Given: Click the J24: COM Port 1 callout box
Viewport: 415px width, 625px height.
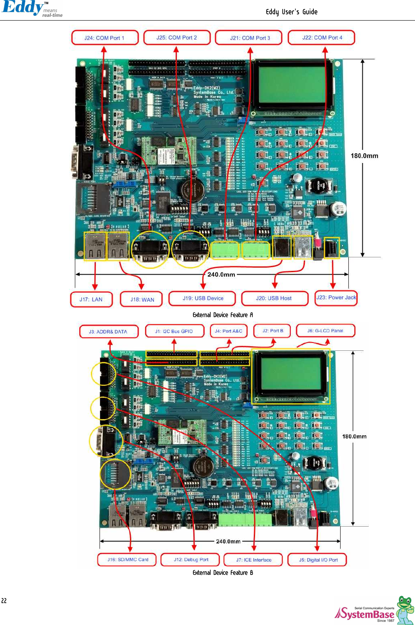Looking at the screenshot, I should (104, 38).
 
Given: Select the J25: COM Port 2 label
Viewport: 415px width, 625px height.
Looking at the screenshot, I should (176, 37).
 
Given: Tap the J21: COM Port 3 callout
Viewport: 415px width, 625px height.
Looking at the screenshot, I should (250, 38).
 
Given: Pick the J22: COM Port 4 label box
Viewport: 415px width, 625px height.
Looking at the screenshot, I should (322, 37).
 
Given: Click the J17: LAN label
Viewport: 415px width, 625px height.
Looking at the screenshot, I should (91, 299).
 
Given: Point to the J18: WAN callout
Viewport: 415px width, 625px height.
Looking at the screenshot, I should (142, 299).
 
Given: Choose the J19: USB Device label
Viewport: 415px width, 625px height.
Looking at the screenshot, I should (202, 298).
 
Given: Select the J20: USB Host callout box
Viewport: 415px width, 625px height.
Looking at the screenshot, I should (274, 298).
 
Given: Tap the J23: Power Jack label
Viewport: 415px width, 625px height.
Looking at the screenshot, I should (336, 297).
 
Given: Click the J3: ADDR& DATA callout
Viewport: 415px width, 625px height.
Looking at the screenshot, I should (108, 331).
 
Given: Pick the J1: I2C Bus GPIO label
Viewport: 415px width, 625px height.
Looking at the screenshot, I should (174, 331).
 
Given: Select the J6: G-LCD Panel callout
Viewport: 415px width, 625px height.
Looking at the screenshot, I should (325, 331).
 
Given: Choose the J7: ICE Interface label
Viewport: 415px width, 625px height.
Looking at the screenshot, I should (253, 560).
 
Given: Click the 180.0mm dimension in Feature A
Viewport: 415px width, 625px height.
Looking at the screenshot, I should (364, 156).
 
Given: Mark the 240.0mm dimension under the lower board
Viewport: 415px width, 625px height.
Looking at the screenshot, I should (228, 541).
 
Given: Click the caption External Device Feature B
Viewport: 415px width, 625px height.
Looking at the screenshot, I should (223, 573).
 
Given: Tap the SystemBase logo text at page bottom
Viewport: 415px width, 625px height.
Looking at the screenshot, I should (365, 614).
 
